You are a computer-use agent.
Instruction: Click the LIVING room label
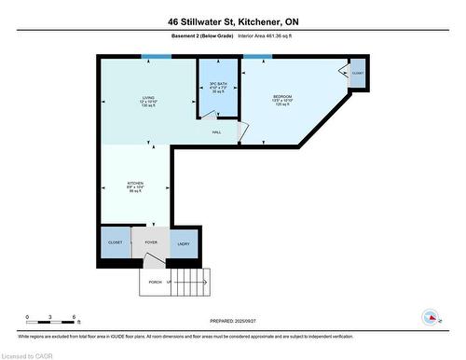click(x=147, y=97)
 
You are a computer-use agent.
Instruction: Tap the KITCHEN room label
click(x=135, y=183)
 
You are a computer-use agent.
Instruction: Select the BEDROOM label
click(x=282, y=97)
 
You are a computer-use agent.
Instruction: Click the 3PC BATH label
click(x=218, y=85)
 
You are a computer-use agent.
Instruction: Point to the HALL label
click(x=216, y=132)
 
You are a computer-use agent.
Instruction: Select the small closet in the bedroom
click(x=358, y=73)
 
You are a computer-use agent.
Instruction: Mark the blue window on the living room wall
click(x=157, y=57)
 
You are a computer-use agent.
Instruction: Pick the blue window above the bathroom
click(x=220, y=57)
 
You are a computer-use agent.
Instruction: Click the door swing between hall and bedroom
click(x=241, y=133)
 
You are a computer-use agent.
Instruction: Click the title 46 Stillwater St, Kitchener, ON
click(x=233, y=21)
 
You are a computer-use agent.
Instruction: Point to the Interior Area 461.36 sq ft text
click(x=277, y=37)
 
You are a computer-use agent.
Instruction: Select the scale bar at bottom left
click(x=52, y=322)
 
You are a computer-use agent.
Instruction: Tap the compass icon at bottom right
click(x=431, y=317)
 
